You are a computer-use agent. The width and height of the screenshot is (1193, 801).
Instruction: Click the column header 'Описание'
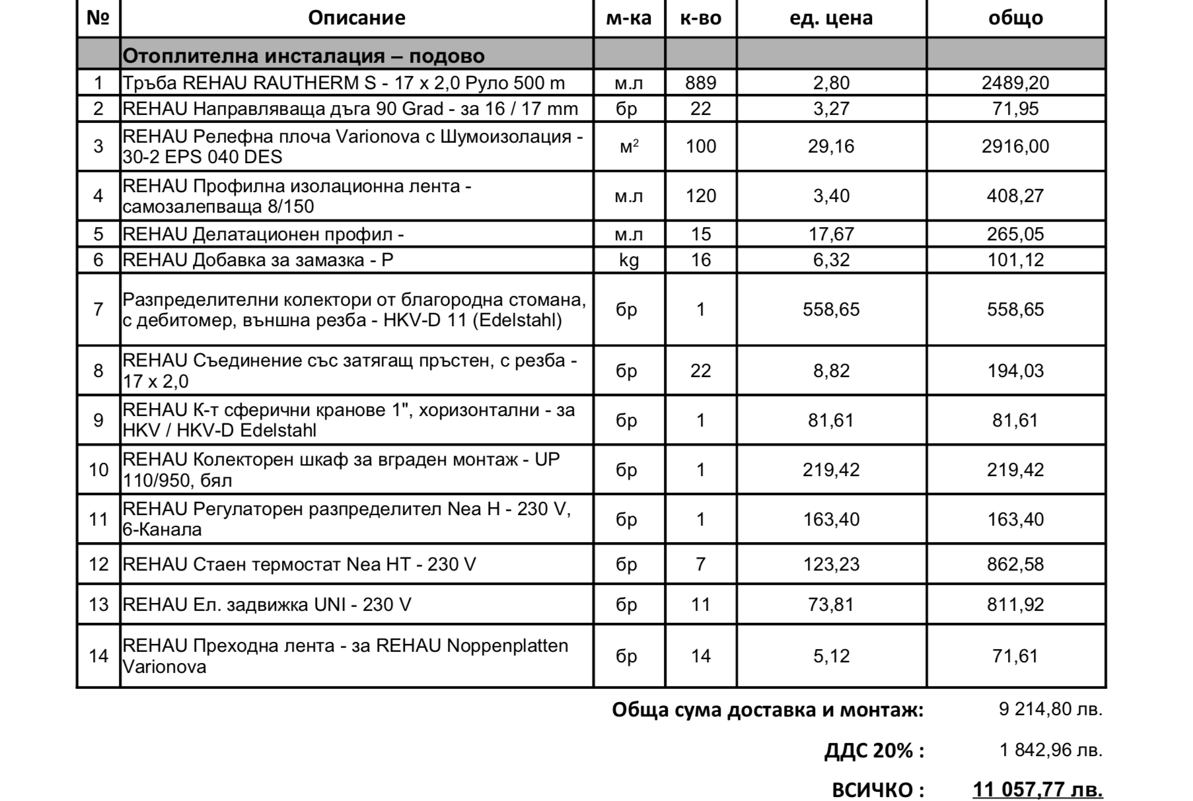[357, 18]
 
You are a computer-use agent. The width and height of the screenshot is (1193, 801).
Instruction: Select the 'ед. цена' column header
[831, 18]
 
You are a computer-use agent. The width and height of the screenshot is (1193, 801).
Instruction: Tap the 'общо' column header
[1015, 18]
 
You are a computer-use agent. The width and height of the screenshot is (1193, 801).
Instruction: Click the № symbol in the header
[98, 18]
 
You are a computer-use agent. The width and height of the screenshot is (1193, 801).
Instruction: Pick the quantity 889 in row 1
[700, 83]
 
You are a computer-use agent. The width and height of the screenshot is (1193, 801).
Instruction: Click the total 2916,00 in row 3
[1015, 146]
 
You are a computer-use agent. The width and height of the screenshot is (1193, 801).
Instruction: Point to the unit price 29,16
[831, 146]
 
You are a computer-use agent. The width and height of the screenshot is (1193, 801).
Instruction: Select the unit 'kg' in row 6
[629, 260]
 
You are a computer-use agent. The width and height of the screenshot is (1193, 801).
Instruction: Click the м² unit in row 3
[629, 146]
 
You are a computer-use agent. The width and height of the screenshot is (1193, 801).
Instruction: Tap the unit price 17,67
[831, 234]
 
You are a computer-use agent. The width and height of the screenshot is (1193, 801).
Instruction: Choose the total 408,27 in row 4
[1015, 195]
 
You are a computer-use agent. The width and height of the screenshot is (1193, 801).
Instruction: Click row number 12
[98, 565]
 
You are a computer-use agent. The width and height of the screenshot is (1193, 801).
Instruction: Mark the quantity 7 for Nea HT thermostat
[700, 565]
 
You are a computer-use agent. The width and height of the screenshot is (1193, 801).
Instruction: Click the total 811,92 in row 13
[1015, 605]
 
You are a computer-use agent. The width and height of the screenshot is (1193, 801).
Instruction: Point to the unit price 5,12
[831, 656]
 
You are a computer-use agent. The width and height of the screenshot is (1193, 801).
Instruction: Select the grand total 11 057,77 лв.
[1037, 790]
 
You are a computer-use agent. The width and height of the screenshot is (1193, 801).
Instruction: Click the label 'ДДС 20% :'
[874, 751]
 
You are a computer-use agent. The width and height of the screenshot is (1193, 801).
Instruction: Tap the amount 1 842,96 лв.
[1050, 750]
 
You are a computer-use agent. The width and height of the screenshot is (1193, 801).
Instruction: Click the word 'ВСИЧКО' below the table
[872, 790]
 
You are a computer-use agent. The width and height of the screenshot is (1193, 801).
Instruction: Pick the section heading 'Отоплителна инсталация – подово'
[304, 56]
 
